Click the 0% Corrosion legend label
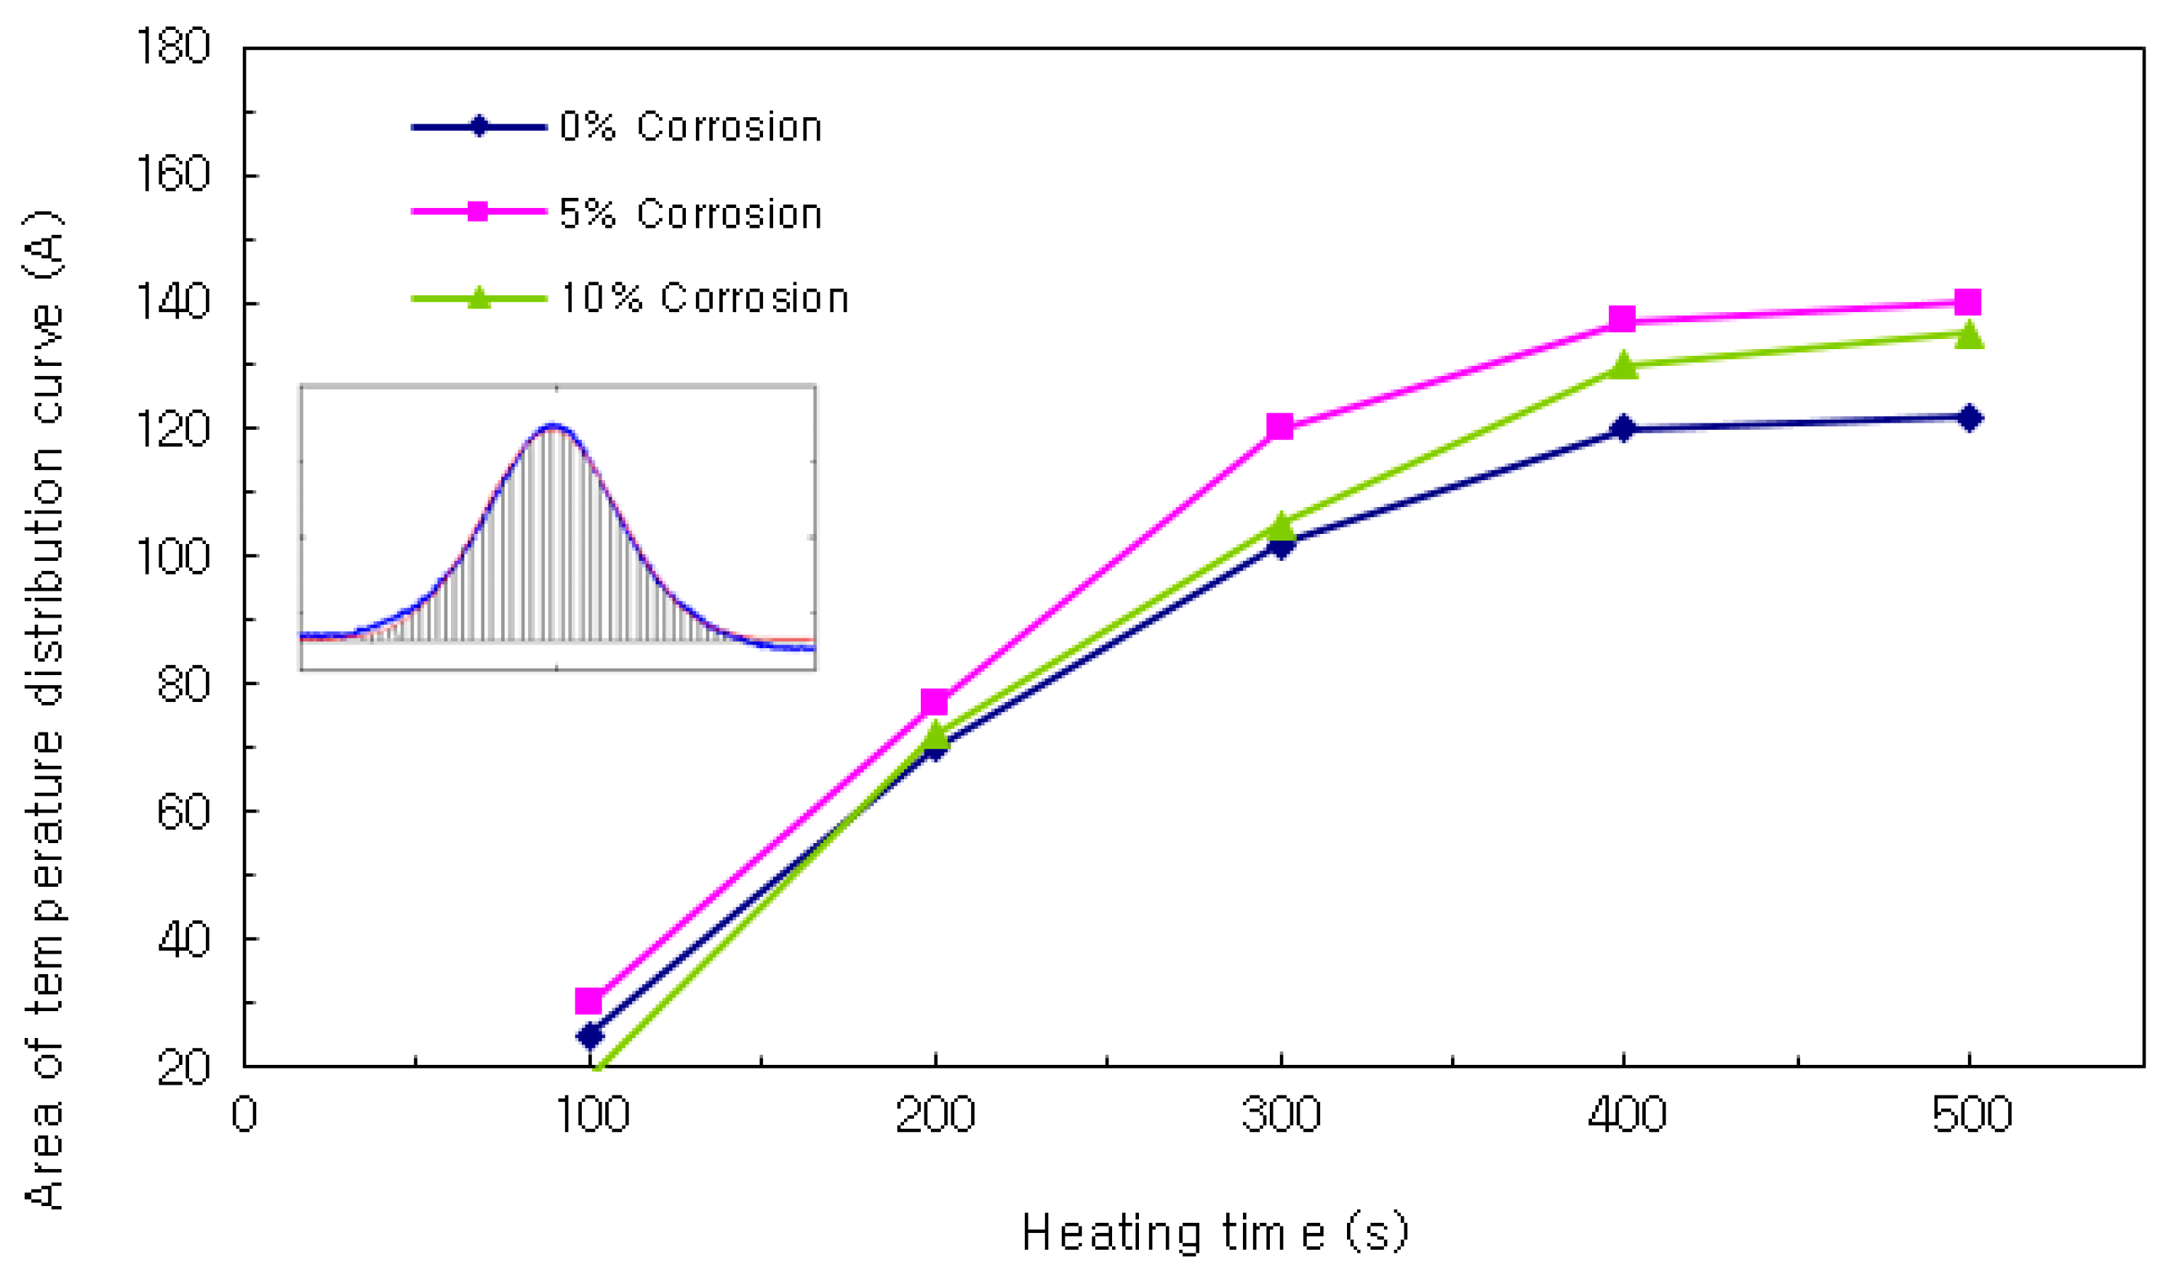(690, 127)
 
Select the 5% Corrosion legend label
(690, 214)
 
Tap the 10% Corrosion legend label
(704, 299)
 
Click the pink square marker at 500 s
(1967, 303)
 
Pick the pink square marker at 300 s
(1279, 426)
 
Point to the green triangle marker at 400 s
(1623, 365)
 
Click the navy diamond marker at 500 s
(1969, 419)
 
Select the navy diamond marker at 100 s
(590, 1036)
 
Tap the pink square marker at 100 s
(588, 1002)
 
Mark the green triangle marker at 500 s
(1969, 335)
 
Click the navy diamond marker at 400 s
(1623, 428)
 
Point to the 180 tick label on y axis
(173, 47)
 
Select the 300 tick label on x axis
(1281, 1114)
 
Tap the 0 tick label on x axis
(244, 1114)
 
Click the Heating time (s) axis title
(1215, 1232)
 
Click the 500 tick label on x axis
(1971, 1114)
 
